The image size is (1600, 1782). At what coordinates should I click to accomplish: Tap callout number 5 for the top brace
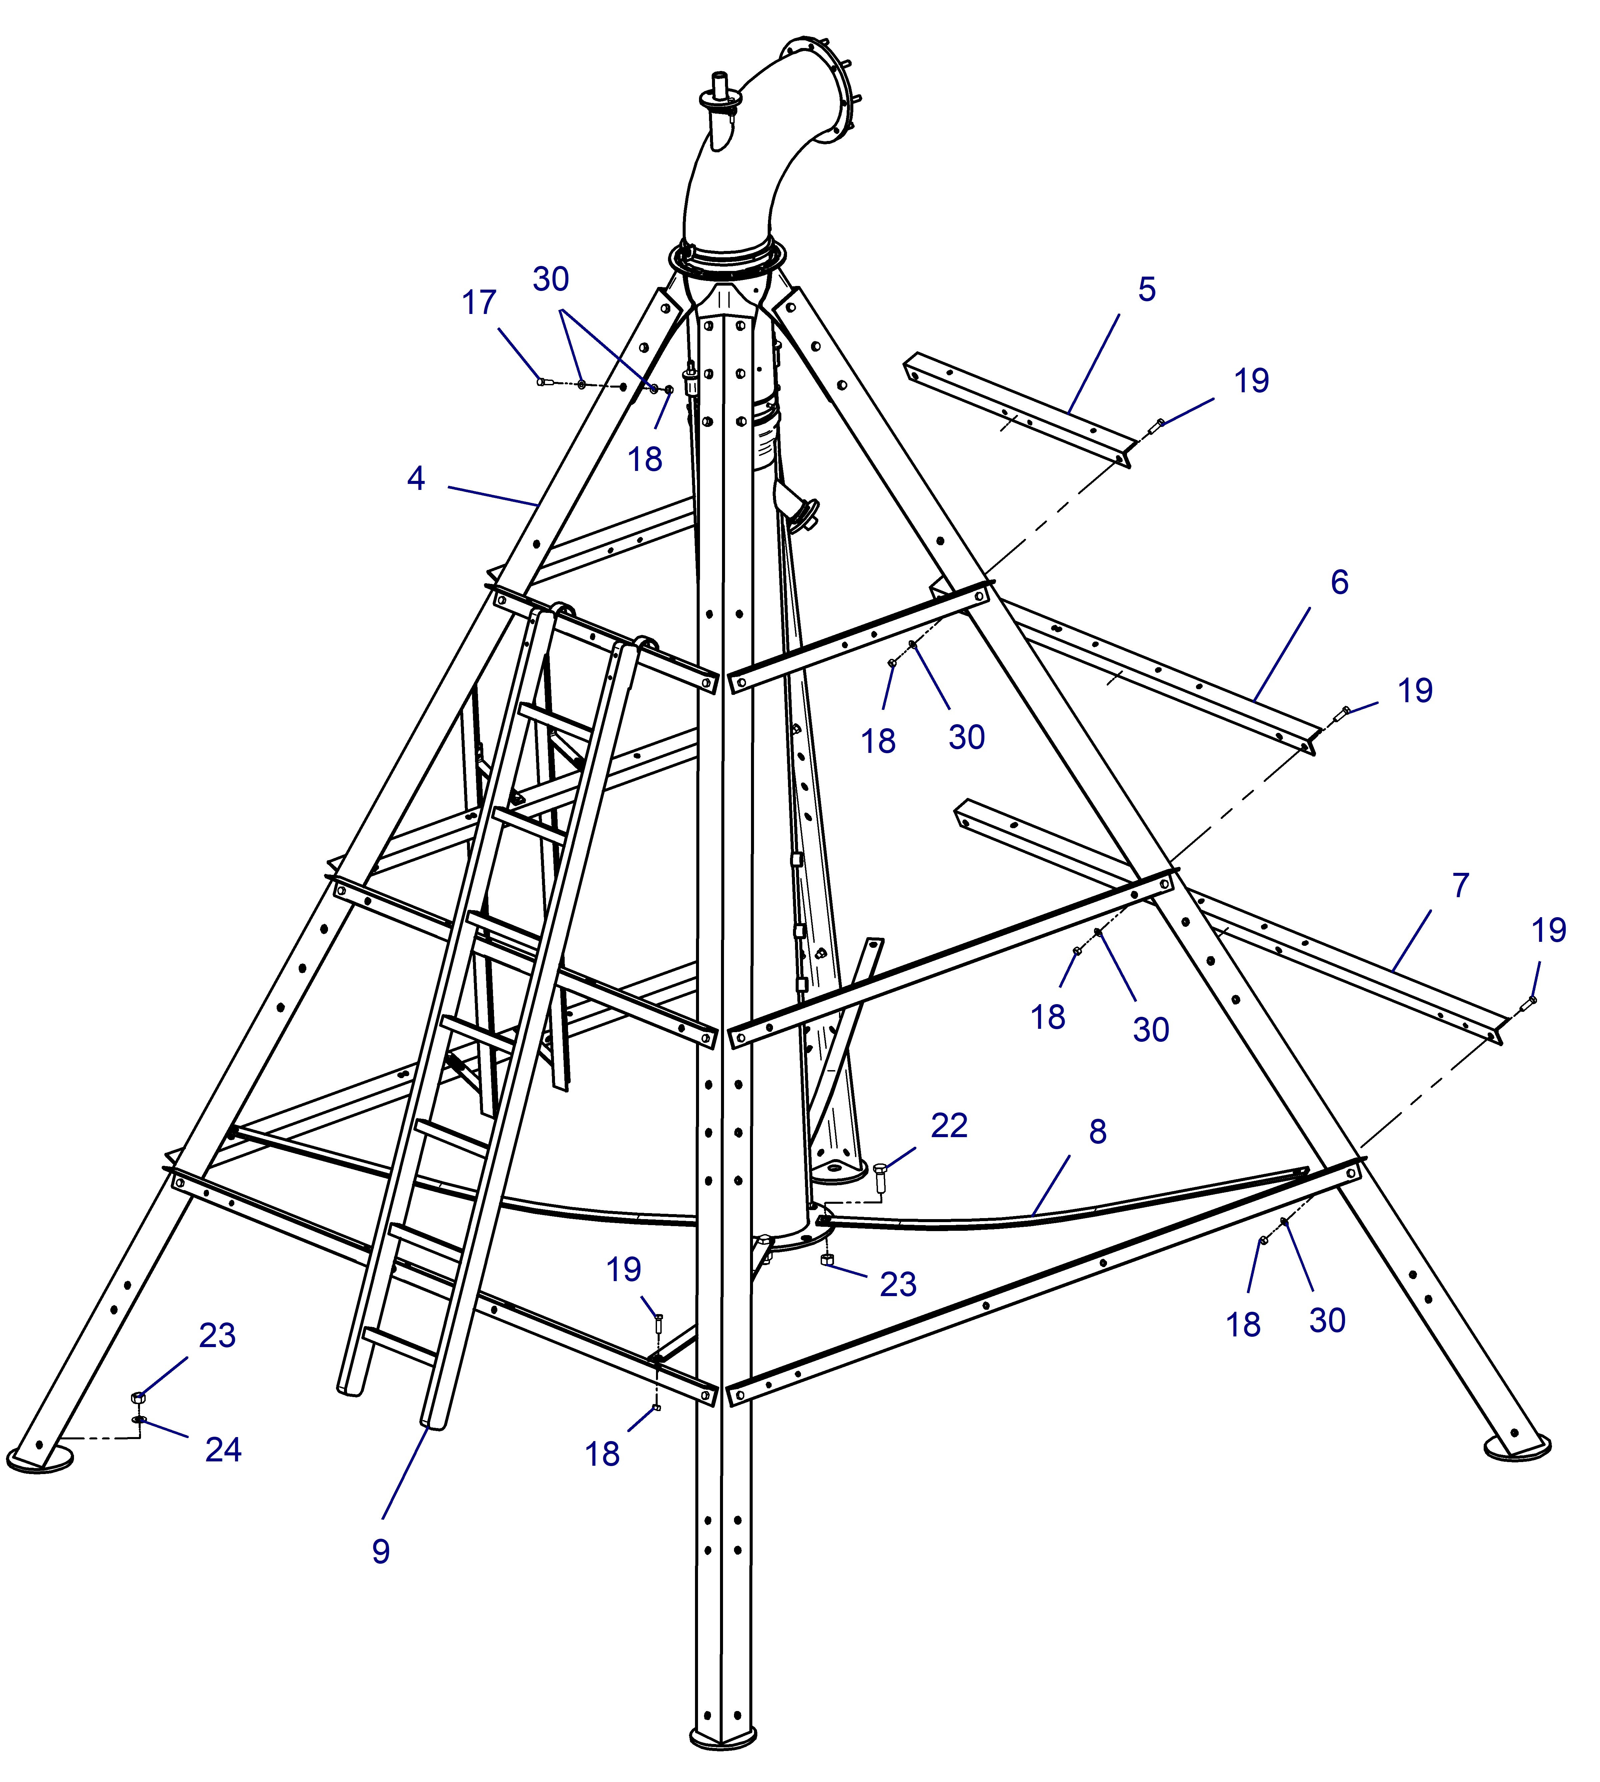[1146, 289]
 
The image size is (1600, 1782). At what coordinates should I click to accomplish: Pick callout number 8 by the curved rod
[1097, 1131]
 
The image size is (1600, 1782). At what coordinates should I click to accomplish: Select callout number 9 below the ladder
[381, 1552]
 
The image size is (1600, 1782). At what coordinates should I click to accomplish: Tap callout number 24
[223, 1450]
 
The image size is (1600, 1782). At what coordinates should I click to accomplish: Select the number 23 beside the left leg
[217, 1335]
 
